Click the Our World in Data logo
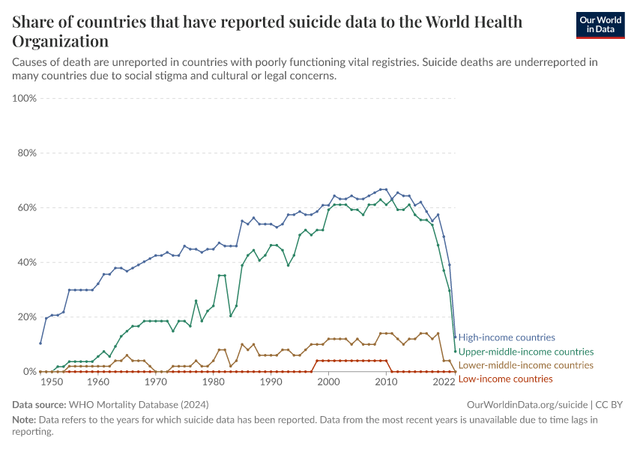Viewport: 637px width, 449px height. click(600, 25)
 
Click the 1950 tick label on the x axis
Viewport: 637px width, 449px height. click(52, 382)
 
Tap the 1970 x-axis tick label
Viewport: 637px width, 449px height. click(155, 382)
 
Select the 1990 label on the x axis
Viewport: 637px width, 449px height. click(271, 382)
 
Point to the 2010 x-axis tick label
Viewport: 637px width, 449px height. click(386, 382)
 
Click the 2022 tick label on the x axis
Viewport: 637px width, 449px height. click(444, 382)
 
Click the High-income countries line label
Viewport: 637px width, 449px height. click(507, 337)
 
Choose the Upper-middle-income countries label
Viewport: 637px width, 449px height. click(525, 352)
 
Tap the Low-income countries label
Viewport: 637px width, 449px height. click(505, 379)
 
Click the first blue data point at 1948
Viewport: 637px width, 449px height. click(40, 343)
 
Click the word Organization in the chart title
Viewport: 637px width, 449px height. click(61, 41)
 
